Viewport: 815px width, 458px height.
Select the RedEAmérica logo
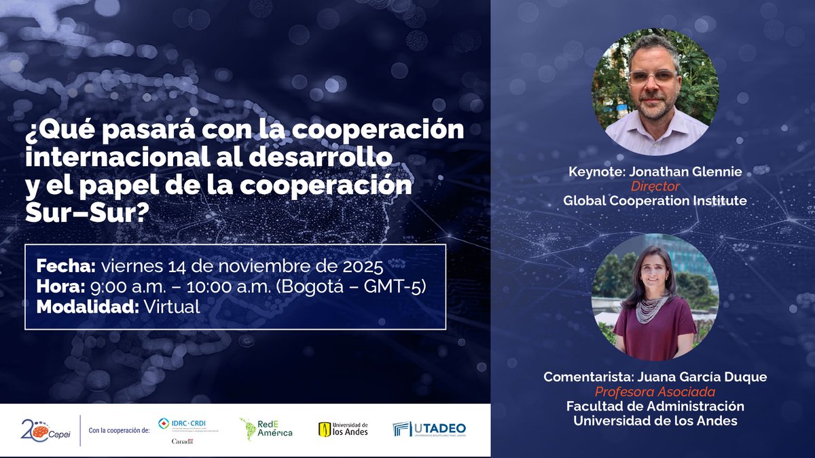pyautogui.click(x=266, y=427)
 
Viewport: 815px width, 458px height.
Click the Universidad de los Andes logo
pyautogui.click(x=343, y=429)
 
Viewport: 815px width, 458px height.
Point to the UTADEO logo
pyautogui.click(x=429, y=429)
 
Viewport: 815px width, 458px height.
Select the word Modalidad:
pyautogui.click(x=86, y=307)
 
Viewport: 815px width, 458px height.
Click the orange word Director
pyautogui.click(x=655, y=186)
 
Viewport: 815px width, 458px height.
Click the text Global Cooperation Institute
pyautogui.click(x=655, y=200)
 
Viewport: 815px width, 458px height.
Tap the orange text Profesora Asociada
pyautogui.click(x=655, y=392)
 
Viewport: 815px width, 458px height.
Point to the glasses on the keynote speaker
pyautogui.click(x=652, y=77)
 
